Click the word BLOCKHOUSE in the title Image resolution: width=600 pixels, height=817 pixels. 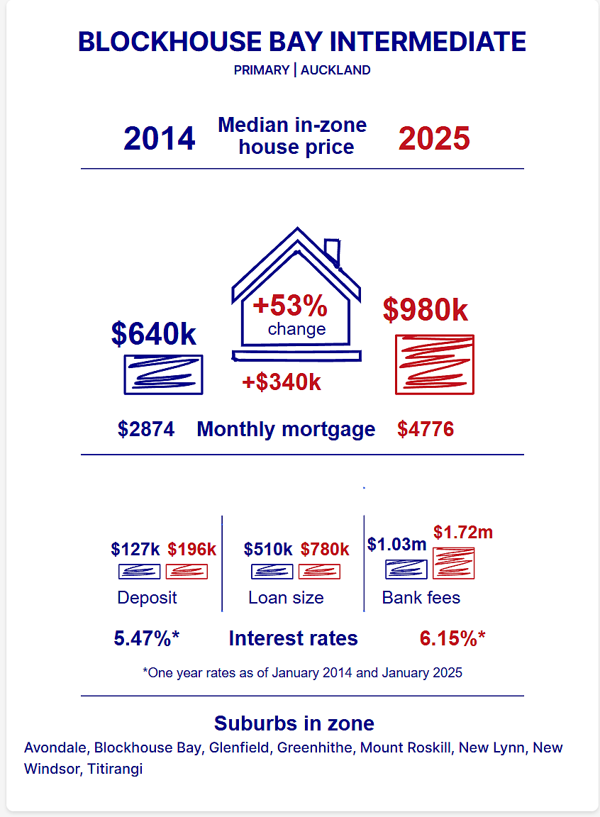(x=170, y=42)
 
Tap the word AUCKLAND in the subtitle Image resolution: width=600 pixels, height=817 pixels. (x=335, y=70)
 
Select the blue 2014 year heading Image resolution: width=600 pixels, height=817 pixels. (x=160, y=138)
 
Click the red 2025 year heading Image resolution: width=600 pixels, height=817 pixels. (x=434, y=138)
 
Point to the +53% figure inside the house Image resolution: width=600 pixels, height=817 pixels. (x=290, y=306)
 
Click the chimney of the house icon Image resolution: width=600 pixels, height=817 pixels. (x=333, y=252)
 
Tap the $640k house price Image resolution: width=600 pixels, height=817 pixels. (x=154, y=333)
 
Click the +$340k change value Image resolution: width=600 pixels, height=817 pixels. (x=282, y=382)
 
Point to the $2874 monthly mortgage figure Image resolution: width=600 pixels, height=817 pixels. (x=146, y=429)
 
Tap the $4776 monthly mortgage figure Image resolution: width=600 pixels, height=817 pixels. (x=426, y=429)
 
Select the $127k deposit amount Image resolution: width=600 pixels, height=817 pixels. (x=135, y=549)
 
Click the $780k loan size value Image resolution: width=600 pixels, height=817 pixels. (x=325, y=549)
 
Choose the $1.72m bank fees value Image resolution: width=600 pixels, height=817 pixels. (x=463, y=533)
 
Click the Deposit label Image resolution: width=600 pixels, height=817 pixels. (x=148, y=598)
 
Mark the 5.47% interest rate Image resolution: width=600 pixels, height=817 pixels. (x=147, y=638)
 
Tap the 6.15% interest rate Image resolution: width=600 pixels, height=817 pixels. (x=452, y=638)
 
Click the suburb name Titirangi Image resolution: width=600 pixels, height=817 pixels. (x=115, y=769)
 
